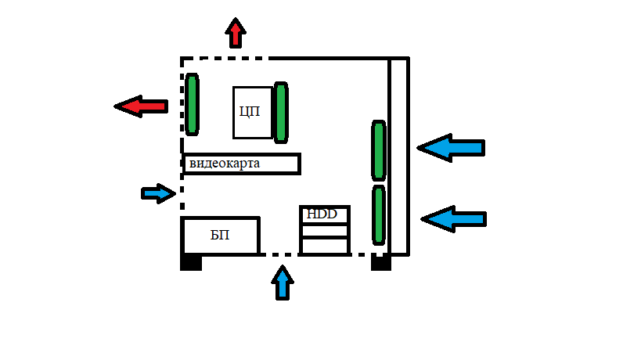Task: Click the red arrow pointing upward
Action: point(236,33)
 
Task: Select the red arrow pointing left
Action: point(141,106)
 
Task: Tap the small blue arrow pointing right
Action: point(159,193)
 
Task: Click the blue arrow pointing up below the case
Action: point(283,283)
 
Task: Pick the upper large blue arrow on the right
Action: point(451,147)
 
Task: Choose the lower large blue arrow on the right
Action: point(454,219)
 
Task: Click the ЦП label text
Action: point(250,111)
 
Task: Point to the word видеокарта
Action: point(225,164)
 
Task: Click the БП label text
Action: point(220,235)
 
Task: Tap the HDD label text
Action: point(322,214)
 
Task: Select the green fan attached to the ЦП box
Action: point(281,113)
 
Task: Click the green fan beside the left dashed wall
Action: point(192,104)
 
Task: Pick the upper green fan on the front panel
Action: point(379,150)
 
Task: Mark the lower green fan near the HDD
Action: point(379,215)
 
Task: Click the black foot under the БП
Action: point(191,262)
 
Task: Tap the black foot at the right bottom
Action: point(381,263)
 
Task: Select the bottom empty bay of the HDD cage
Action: point(325,246)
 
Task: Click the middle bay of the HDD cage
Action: point(325,230)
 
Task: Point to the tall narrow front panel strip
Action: point(398,157)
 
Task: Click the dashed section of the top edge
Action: point(225,59)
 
